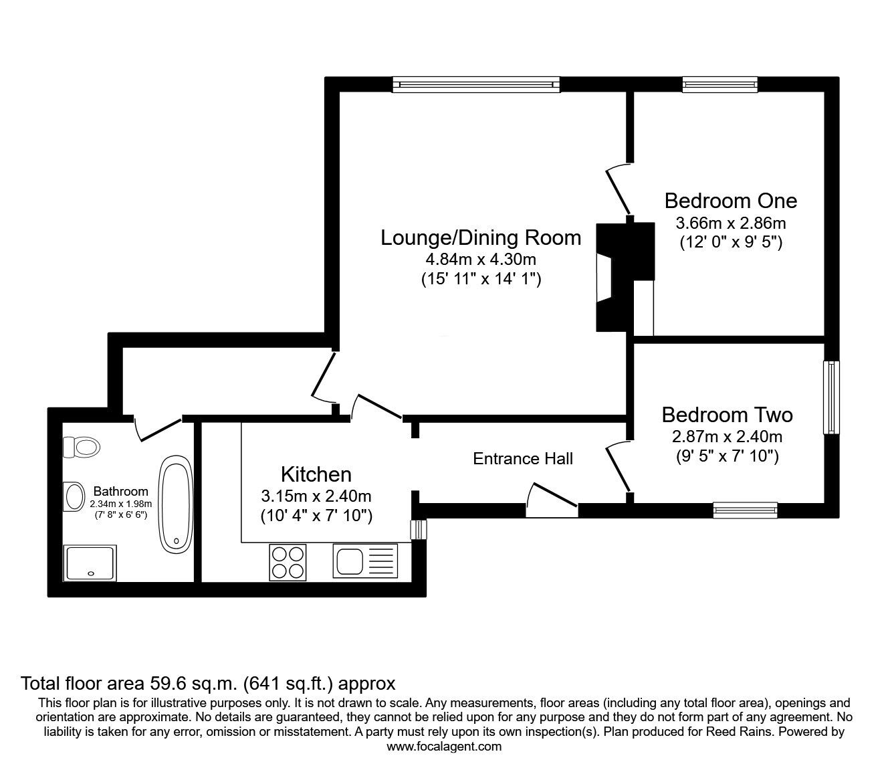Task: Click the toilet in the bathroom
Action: (81, 447)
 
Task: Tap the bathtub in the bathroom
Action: (176, 504)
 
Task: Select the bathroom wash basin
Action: (74, 496)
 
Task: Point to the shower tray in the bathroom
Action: (90, 563)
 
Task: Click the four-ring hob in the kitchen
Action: (288, 562)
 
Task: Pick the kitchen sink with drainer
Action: (365, 561)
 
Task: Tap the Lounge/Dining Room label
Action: (481, 237)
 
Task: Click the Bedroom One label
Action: (731, 201)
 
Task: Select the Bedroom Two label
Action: (728, 415)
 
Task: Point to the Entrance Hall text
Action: (523, 459)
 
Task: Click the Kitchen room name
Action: (316, 474)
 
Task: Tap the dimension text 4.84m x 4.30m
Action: (481, 260)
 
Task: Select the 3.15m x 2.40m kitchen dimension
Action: (316, 496)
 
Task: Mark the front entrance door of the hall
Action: (552, 500)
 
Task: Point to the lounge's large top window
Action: (477, 84)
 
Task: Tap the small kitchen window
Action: (419, 529)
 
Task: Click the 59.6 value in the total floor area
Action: (166, 683)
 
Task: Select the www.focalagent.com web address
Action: (444, 747)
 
